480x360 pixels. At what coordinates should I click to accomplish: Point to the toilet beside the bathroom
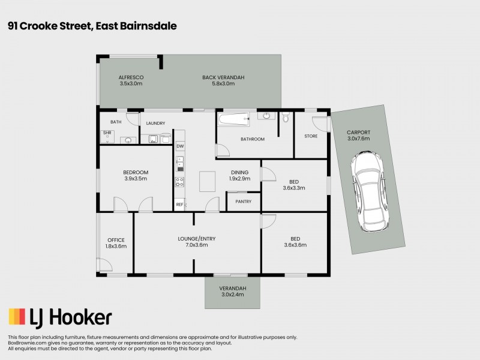click(286, 118)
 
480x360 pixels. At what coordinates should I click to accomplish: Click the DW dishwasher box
click(180, 146)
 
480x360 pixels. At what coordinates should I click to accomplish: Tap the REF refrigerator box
click(179, 205)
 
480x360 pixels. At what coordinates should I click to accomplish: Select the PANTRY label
click(244, 202)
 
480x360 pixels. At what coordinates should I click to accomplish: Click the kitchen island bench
click(208, 181)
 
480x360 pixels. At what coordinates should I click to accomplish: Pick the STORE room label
click(311, 136)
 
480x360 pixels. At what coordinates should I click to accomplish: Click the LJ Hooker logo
click(59, 317)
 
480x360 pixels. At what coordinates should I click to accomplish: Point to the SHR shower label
click(107, 133)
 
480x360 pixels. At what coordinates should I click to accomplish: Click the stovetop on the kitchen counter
click(179, 182)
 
